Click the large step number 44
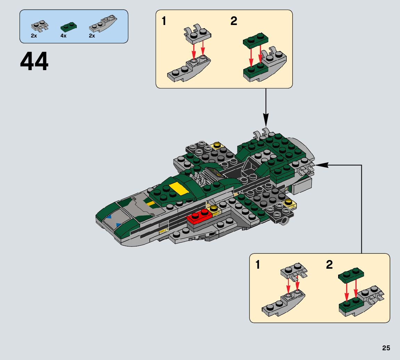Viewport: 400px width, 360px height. click(x=34, y=62)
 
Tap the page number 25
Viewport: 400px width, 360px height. click(x=386, y=348)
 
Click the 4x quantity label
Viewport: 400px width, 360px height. click(x=63, y=36)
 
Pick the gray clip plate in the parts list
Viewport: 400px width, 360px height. click(x=39, y=26)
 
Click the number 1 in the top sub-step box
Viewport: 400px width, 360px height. click(x=164, y=22)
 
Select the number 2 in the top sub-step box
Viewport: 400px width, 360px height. click(x=234, y=22)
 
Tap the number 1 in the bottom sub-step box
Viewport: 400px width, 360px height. click(x=258, y=265)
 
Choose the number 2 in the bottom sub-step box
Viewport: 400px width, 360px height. click(x=329, y=265)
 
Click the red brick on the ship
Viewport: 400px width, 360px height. click(x=200, y=217)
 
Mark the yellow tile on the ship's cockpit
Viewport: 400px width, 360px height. click(x=179, y=188)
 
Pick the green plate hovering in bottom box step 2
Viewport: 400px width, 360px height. click(x=351, y=273)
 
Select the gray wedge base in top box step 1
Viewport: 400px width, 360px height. click(x=188, y=71)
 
